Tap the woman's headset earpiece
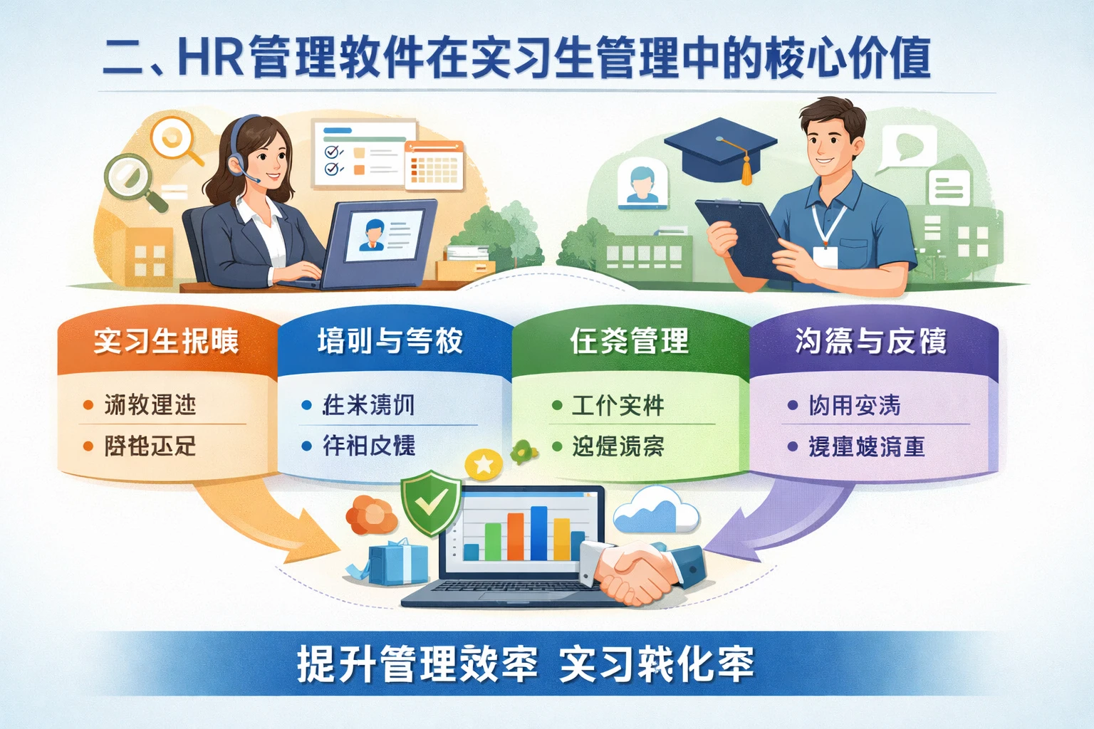(x=236, y=165)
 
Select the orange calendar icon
(x=434, y=165)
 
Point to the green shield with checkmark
(x=429, y=501)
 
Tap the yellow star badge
(x=484, y=465)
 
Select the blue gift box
(x=399, y=562)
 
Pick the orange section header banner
(x=167, y=342)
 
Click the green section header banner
(x=630, y=342)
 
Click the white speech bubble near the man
(x=906, y=148)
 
